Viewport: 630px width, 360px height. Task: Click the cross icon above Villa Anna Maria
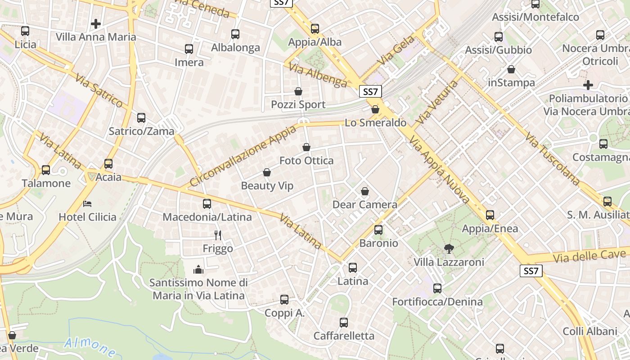point(95,23)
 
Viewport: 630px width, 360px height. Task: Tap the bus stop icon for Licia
point(25,31)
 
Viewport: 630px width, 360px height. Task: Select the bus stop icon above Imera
point(189,49)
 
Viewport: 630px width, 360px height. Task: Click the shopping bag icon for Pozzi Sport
point(298,91)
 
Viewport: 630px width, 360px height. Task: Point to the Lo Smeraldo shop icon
point(375,109)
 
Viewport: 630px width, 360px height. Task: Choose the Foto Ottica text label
point(306,161)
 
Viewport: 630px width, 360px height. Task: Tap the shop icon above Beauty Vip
point(267,172)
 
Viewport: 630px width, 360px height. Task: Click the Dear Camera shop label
point(364,205)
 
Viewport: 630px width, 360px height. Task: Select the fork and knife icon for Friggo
point(218,235)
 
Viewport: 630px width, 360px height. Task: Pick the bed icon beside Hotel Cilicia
point(87,203)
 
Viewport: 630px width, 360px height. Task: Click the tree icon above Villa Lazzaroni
point(449,248)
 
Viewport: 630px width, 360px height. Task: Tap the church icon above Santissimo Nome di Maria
point(198,270)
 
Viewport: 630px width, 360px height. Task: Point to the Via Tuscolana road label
point(553,159)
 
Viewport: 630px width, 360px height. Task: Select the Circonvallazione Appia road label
point(243,156)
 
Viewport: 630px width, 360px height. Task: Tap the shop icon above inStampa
point(511,69)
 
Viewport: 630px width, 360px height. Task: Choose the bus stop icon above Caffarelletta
point(344,322)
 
